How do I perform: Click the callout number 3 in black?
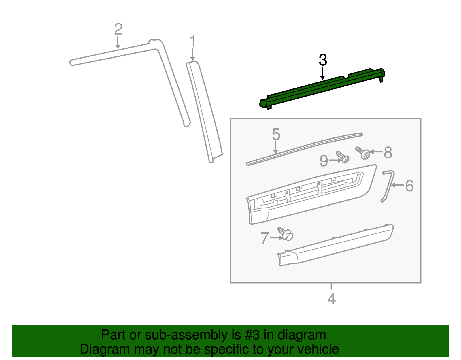[x=323, y=60]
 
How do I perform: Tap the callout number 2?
[x=118, y=29]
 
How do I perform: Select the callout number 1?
[x=193, y=42]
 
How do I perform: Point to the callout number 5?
[x=276, y=135]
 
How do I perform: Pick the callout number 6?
[x=409, y=186]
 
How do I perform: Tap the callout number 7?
[x=264, y=238]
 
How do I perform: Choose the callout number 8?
[x=388, y=152]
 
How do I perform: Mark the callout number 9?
[x=324, y=161]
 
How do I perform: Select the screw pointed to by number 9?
[x=343, y=157]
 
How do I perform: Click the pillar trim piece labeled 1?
[x=205, y=112]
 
